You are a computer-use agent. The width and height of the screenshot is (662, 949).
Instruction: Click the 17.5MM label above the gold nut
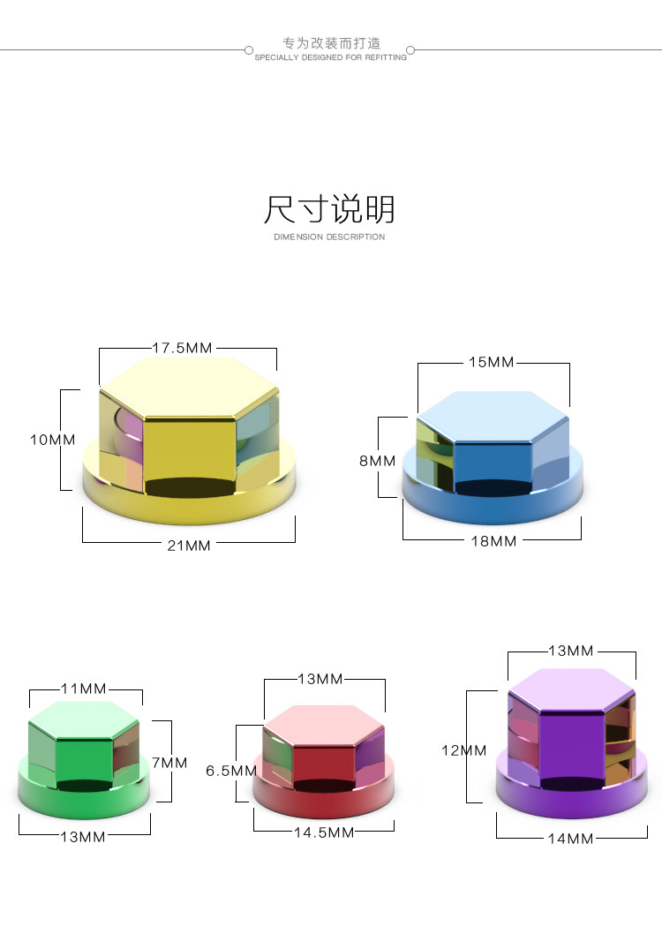183,348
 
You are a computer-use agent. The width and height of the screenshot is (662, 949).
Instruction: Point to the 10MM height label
52,440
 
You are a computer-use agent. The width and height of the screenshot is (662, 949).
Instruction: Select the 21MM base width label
190,545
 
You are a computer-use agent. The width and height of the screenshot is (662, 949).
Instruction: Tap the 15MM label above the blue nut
492,362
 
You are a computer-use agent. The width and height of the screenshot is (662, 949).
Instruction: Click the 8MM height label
377,461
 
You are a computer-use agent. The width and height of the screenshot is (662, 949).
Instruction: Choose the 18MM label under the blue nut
494,540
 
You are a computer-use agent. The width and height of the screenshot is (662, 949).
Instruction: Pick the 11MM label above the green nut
84,689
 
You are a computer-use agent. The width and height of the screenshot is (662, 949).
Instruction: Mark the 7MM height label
169,762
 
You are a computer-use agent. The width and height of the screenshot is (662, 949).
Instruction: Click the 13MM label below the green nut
83,836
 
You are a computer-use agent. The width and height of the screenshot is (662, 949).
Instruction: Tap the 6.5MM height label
230,771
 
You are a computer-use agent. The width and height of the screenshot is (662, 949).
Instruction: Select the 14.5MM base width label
324,832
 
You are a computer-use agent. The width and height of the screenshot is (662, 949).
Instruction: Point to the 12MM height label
464,750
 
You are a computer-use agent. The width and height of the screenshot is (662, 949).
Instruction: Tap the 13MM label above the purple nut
571,651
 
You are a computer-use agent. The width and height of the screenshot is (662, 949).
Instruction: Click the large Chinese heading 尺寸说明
330,210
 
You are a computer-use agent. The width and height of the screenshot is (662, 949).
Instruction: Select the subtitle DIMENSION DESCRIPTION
330,237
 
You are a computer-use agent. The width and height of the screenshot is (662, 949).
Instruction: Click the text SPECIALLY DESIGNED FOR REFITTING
331,57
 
